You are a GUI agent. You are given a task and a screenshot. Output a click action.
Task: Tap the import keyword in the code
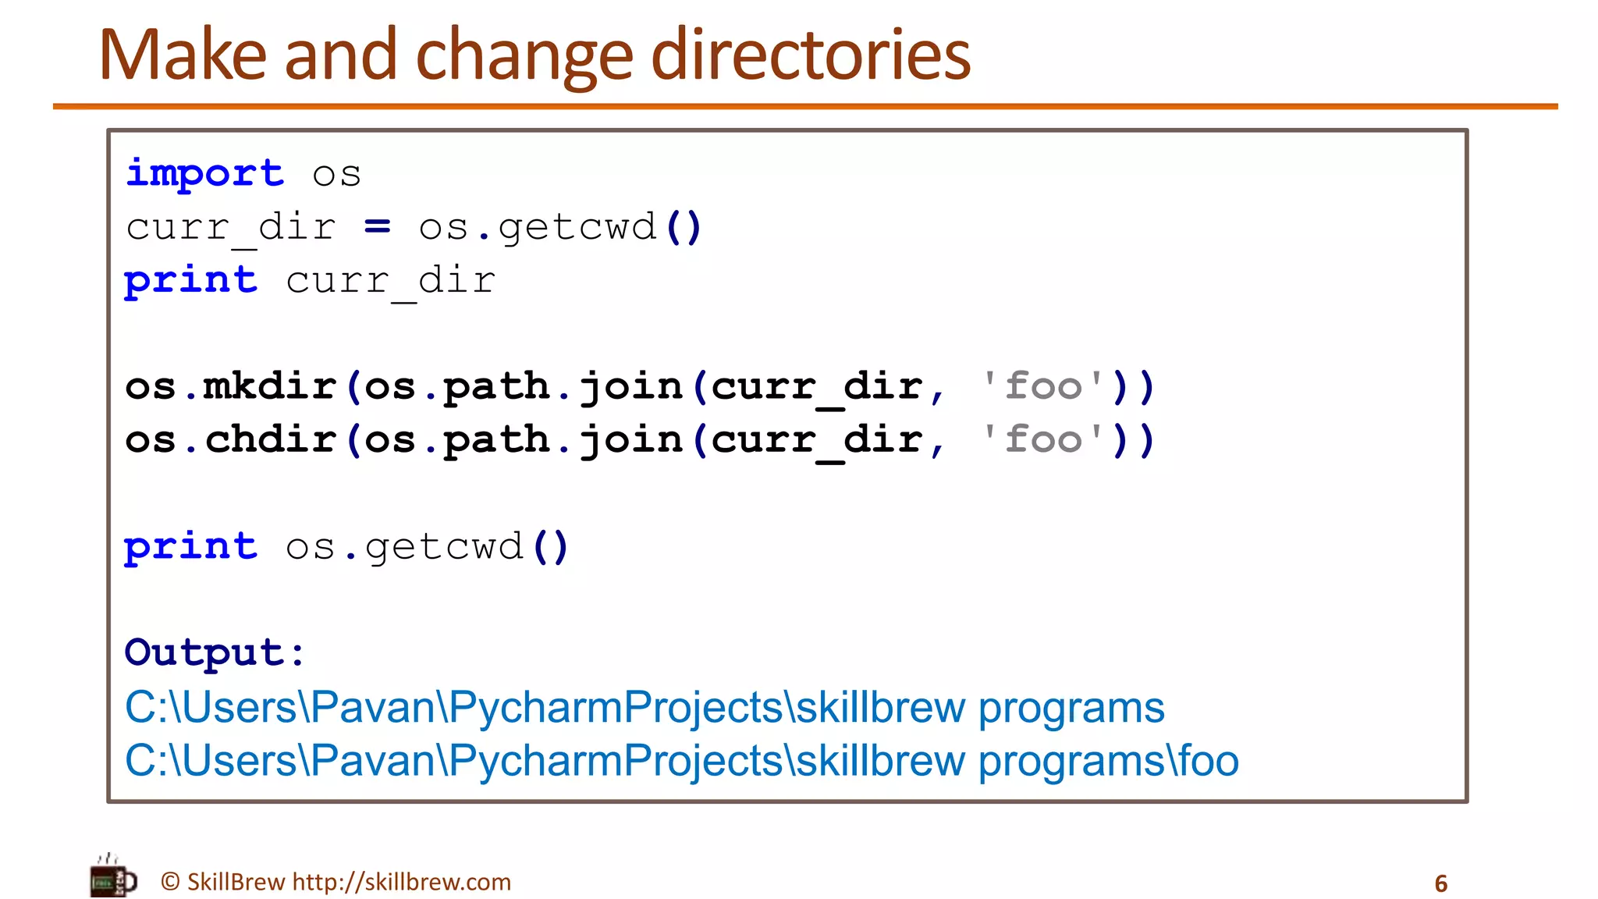coord(205,173)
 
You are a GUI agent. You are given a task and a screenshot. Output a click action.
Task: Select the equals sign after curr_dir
coord(377,227)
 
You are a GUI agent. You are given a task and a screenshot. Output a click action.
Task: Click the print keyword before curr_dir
coord(191,280)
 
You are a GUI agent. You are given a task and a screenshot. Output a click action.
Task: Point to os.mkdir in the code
coord(231,386)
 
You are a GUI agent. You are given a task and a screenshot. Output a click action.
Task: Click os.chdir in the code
coord(231,439)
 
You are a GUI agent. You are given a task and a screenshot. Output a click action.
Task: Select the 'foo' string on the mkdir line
coord(1043,386)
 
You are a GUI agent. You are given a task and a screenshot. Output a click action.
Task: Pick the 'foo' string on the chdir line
coord(1043,439)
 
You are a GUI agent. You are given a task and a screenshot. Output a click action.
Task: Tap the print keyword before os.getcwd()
coord(191,546)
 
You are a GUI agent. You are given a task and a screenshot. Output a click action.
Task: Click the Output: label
coord(215,652)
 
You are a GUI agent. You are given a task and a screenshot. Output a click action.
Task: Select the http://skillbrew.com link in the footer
coord(401,882)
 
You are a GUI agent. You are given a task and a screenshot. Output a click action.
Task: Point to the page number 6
coord(1440,883)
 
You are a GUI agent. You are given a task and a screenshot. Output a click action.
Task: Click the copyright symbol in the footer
coord(170,882)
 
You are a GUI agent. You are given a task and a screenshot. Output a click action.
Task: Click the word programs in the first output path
coord(1071,708)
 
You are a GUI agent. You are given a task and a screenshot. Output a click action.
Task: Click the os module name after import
coord(336,173)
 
